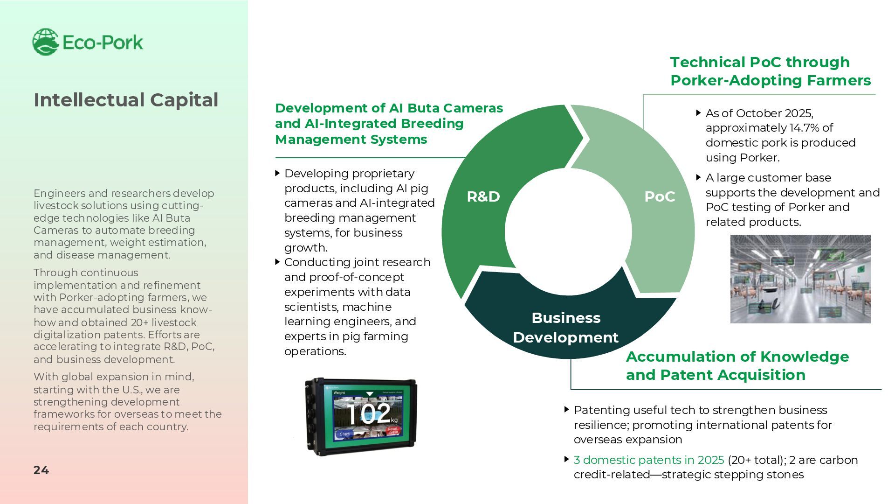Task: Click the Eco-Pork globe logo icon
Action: [45, 42]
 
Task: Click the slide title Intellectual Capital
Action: [126, 100]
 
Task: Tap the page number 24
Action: [41, 470]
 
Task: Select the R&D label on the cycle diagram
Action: [483, 196]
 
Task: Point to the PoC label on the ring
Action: [660, 196]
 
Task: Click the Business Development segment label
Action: [565, 328]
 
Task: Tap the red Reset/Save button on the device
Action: [393, 430]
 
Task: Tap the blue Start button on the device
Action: [344, 434]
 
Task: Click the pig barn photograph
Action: [800, 279]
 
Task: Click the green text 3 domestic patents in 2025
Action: [648, 460]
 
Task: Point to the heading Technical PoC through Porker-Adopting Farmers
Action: [770, 71]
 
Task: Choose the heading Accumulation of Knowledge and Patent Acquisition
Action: [737, 365]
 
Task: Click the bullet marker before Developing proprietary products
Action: [278, 173]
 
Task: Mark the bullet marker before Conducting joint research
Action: [278, 262]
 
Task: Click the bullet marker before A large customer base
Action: [698, 177]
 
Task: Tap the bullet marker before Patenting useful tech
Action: [567, 410]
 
